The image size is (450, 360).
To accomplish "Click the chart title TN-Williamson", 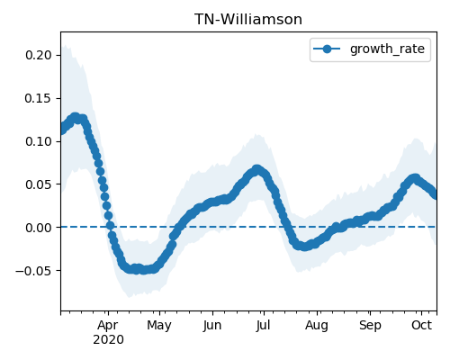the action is (248, 20).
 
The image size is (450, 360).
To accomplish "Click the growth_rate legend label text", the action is (387, 49).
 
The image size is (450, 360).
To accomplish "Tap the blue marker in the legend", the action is (327, 49).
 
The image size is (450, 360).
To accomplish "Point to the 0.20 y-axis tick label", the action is (39, 55).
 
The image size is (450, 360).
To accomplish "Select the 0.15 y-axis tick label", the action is (39, 98).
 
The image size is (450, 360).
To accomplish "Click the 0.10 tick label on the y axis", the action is (39, 141).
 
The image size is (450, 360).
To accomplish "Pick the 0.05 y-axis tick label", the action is (39, 184).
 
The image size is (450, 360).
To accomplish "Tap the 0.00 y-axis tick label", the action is (39, 228).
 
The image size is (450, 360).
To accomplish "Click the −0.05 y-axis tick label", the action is (33, 271).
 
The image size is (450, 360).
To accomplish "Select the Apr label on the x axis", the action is (108, 326).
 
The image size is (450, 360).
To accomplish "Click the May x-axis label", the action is (159, 326).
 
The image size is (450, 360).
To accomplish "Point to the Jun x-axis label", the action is (212, 326).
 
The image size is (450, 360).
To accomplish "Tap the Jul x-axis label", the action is (264, 326).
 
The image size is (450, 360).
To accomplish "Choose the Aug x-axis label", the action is (317, 326).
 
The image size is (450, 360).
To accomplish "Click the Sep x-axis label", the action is (370, 326).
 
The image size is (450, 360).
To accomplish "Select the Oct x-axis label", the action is (421, 325).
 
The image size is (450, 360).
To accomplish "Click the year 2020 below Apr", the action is (108, 340).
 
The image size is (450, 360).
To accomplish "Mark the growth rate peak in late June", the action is (256, 170).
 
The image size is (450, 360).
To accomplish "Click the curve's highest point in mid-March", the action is (75, 117).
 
